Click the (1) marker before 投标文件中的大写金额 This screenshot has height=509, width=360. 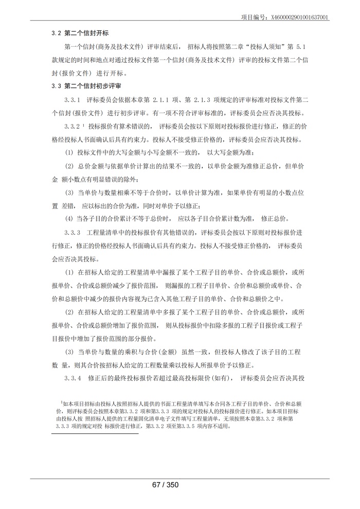(69, 153)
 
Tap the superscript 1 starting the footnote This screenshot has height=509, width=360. (61, 403)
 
